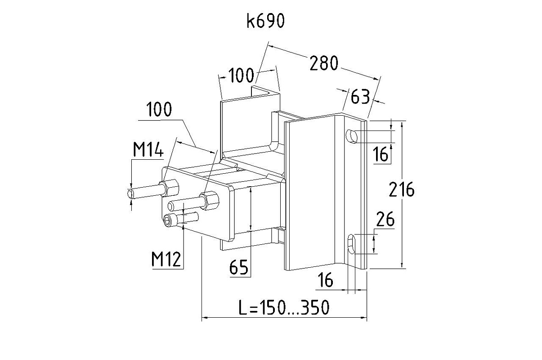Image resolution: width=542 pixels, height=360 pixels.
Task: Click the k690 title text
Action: click(x=265, y=21)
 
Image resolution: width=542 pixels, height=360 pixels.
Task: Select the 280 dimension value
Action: click(x=323, y=63)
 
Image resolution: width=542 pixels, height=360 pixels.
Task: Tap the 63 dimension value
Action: click(x=360, y=96)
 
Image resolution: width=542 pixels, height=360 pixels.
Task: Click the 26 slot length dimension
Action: click(x=385, y=220)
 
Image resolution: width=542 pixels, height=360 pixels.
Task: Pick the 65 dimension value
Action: click(x=238, y=267)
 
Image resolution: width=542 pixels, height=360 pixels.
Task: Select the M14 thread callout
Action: click(x=148, y=149)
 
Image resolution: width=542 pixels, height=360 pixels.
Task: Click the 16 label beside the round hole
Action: click(x=381, y=155)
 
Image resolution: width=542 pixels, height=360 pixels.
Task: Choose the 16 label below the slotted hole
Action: click(x=325, y=280)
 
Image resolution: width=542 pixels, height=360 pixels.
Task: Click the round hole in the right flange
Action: click(x=352, y=135)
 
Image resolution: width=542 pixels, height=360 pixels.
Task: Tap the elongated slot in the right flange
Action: click(x=353, y=244)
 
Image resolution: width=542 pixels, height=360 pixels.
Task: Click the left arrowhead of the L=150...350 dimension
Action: click(x=203, y=319)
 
